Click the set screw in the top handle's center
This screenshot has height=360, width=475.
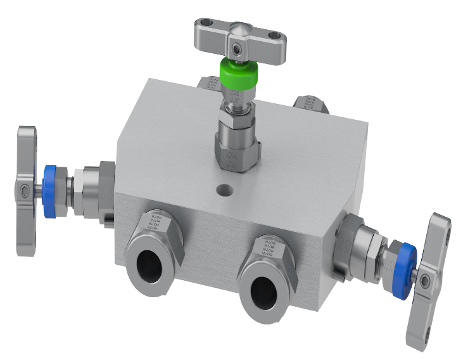[x=236, y=48]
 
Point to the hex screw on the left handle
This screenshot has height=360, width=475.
[x=24, y=191]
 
